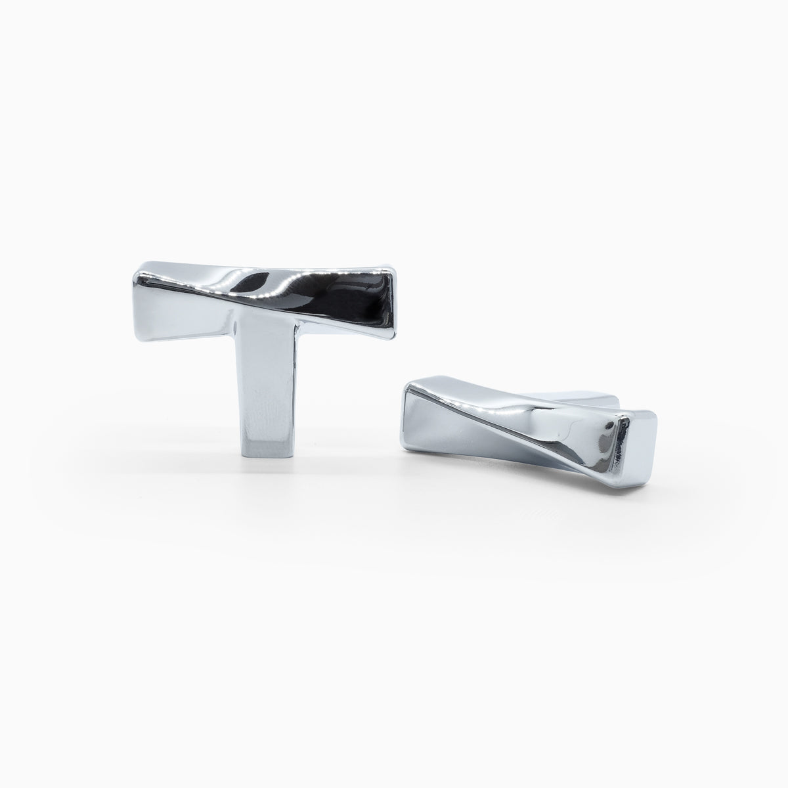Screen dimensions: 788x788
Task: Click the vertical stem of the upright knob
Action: pos(265,394)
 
